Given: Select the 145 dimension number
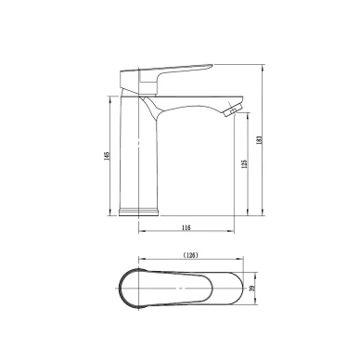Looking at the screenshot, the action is (107, 156).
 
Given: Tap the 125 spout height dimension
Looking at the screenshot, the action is (244, 163).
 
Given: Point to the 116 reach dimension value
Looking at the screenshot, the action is (186, 228).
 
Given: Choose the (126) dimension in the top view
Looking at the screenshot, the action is (190, 255).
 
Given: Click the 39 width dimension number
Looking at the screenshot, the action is (252, 289).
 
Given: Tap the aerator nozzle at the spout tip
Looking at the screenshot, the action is (232, 110).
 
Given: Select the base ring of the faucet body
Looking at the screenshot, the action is (139, 212).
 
